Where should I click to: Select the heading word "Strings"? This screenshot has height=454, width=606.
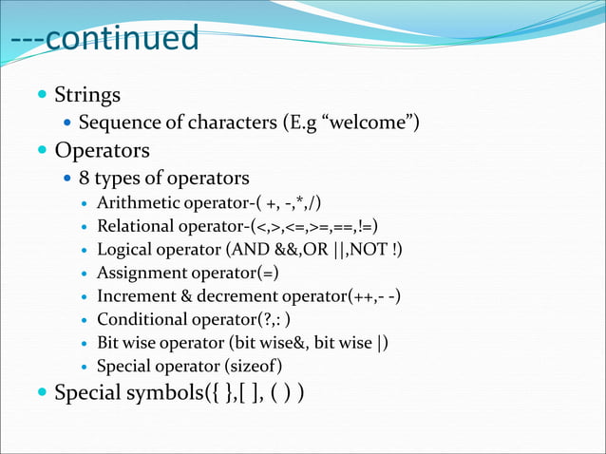coord(87,95)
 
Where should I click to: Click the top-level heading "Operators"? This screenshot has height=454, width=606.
coord(102,150)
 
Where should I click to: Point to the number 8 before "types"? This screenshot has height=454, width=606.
coord(85,178)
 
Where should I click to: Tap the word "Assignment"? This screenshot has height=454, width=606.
coord(142,273)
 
